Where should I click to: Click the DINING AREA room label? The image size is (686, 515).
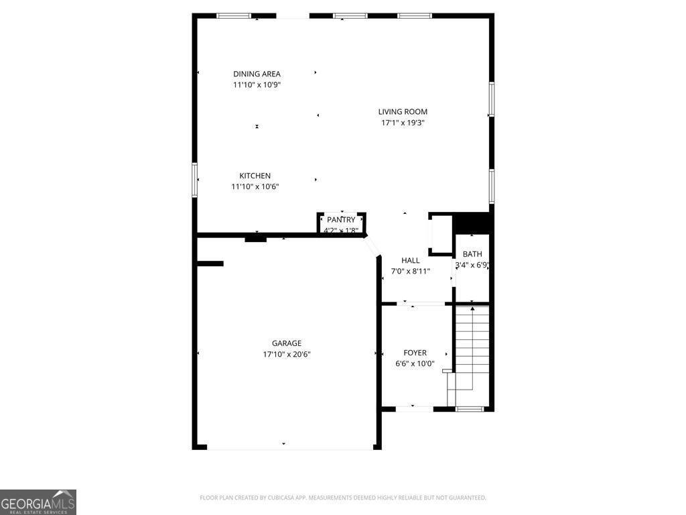point(257,74)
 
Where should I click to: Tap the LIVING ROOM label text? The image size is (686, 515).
point(403,112)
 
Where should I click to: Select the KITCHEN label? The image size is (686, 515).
point(255,176)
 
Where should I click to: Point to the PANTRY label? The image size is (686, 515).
point(341,220)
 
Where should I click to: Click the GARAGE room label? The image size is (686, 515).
point(286,343)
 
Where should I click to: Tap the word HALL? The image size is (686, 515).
point(411,260)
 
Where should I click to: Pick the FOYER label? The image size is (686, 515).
point(415,353)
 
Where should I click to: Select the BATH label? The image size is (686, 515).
point(472,254)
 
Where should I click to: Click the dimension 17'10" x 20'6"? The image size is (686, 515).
point(286,354)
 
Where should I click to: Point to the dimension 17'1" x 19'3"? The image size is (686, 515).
point(403,123)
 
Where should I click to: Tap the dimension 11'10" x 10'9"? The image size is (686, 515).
point(257,84)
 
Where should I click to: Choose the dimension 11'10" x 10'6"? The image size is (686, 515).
point(255,186)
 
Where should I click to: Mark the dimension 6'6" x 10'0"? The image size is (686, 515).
point(415,363)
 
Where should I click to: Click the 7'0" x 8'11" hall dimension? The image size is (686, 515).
point(411,271)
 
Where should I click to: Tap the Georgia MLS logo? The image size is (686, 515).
point(38,502)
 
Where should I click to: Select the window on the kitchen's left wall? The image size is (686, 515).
point(195,180)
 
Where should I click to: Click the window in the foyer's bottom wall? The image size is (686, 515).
point(470,408)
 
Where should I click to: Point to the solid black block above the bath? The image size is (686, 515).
point(473,223)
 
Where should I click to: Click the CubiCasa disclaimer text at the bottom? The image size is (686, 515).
point(342,498)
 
